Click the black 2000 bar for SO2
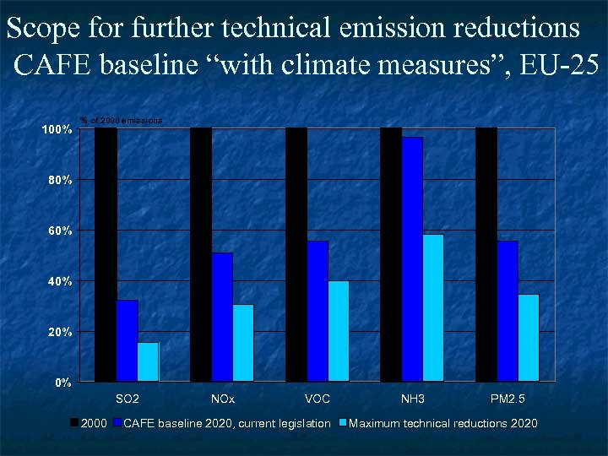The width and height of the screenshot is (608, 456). click(106, 253)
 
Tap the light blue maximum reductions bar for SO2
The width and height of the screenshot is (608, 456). click(148, 361)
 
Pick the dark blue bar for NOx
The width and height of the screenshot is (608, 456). click(222, 317)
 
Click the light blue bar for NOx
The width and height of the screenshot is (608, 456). click(243, 342)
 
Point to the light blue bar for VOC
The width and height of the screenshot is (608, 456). click(339, 331)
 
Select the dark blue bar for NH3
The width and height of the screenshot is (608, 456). click(412, 258)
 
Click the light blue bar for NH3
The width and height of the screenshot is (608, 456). click(433, 307)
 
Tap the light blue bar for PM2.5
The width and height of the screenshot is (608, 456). click(529, 337)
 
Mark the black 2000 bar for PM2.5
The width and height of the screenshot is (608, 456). click(486, 253)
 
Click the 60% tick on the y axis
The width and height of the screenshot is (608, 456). click(57, 231)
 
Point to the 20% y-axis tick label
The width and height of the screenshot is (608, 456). click(57, 332)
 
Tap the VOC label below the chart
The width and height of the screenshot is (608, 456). click(318, 397)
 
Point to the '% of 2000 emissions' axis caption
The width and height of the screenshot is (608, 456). click(121, 121)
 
